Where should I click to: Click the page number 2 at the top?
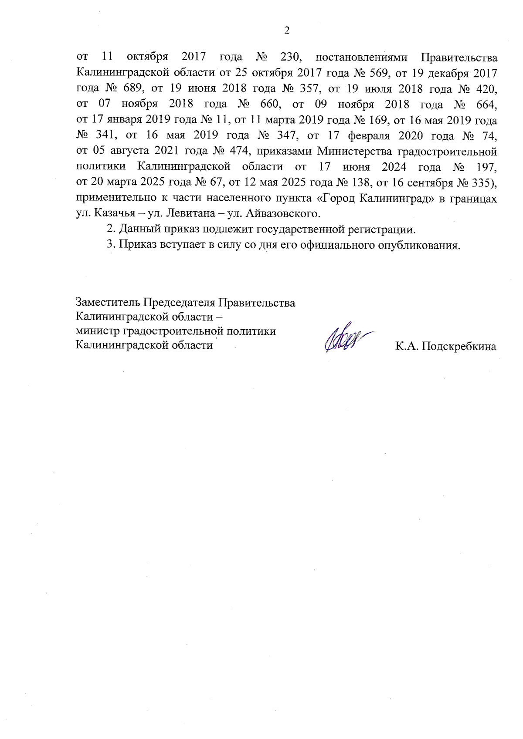tap(286, 30)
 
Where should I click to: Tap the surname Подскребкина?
tap(458, 347)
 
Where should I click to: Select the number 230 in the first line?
tap(287, 57)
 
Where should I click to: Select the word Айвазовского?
tap(283, 213)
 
